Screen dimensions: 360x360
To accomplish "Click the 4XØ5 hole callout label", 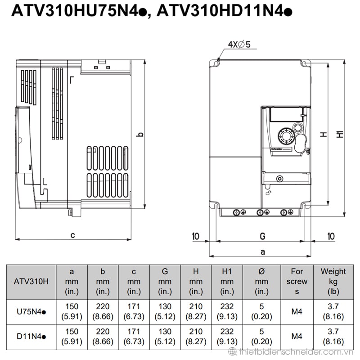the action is tap(239, 44).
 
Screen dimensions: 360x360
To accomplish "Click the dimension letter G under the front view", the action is tap(262, 236).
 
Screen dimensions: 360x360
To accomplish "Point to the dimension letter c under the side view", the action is tap(72, 235).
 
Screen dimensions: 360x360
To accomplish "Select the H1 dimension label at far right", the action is tap(340, 134).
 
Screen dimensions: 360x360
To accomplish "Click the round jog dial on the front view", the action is tap(286, 137).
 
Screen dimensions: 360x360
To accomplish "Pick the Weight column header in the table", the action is tap(333, 282).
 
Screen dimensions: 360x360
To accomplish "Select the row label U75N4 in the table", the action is tap(31, 311).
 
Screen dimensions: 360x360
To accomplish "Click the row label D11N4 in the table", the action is tap(31, 337).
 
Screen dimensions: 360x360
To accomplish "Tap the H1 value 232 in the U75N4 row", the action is tap(227, 306).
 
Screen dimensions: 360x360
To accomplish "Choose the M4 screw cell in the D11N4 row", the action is tap(297, 337).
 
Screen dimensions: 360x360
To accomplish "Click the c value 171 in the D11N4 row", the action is tap(134, 332).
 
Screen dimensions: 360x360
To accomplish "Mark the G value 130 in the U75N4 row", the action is tap(165, 306).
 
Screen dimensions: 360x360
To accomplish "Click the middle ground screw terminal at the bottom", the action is tap(260, 212).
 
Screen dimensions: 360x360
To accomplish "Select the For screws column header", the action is tap(297, 282).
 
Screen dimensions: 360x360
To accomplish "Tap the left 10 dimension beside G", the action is tap(195, 236).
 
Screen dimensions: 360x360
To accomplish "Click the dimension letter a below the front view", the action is tap(263, 252).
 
